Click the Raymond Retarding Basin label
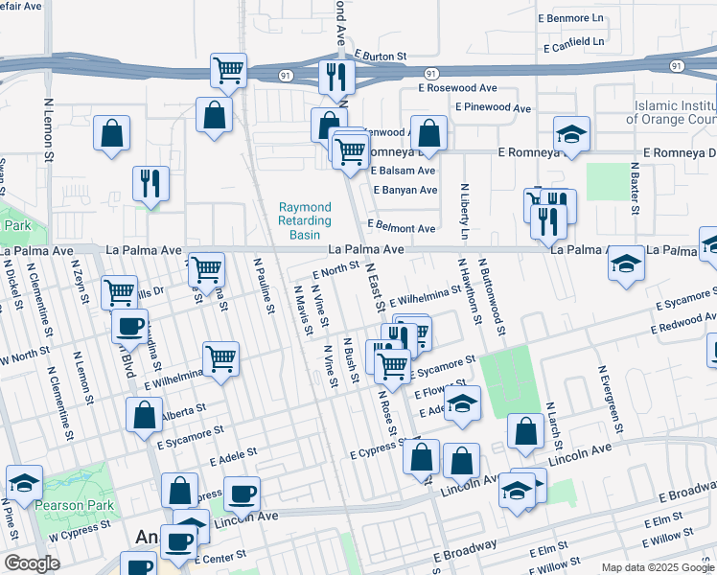point(305,220)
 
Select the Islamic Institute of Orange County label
point(671,113)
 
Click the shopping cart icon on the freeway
point(228,70)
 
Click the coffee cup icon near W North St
point(129,326)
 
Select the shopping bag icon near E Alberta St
point(145,416)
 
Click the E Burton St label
point(381,57)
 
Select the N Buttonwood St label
point(491,297)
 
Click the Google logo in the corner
point(31,563)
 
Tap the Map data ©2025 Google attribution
point(657,567)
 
